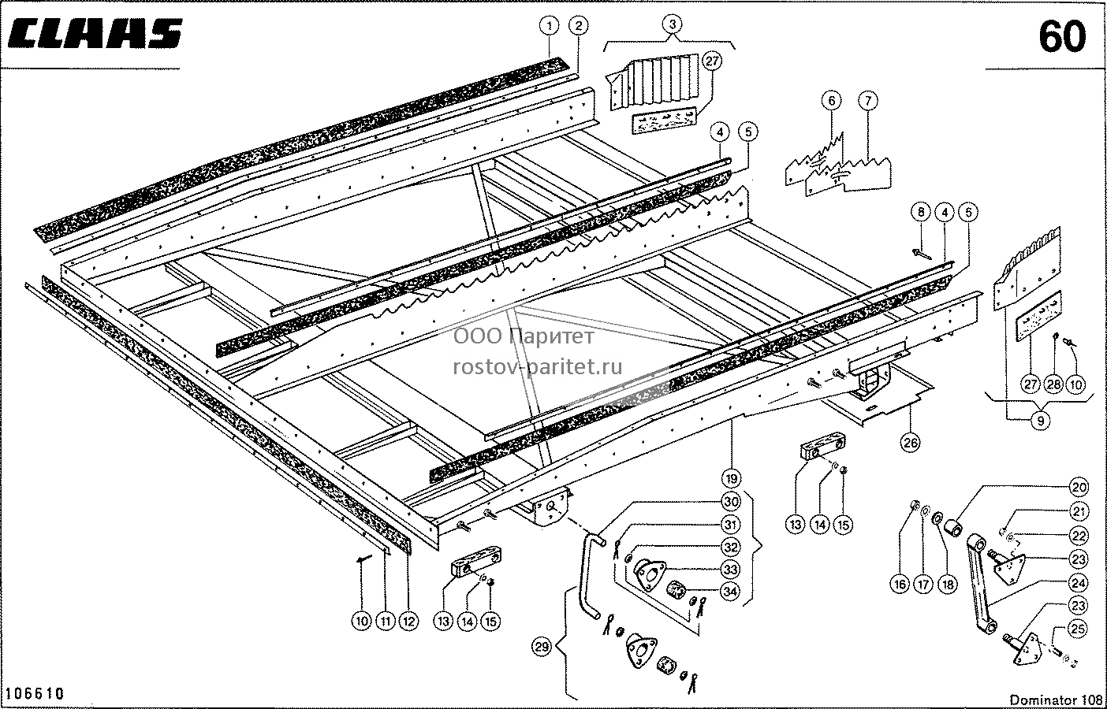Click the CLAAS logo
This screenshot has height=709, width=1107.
click(95, 34)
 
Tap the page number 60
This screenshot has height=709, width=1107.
click(1062, 37)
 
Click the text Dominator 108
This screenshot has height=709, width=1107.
click(1056, 700)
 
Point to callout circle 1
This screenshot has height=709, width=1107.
click(550, 26)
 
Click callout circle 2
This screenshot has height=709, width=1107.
click(579, 26)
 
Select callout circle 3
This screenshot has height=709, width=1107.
click(672, 24)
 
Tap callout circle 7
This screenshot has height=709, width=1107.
click(868, 101)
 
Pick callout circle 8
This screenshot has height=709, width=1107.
click(921, 212)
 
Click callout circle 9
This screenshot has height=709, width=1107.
click(1040, 421)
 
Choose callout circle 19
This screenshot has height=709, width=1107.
click(732, 478)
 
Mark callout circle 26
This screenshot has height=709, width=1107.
click(911, 443)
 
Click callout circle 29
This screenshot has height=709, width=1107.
click(542, 647)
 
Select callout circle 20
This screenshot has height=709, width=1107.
click(1079, 488)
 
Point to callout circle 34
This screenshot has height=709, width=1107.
click(730, 591)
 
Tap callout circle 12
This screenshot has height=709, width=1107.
click(408, 621)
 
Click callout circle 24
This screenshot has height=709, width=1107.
click(1079, 583)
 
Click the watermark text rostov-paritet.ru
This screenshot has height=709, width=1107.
click(538, 367)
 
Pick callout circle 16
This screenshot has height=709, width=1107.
click(900, 585)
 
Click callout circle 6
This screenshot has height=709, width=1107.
click(832, 101)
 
